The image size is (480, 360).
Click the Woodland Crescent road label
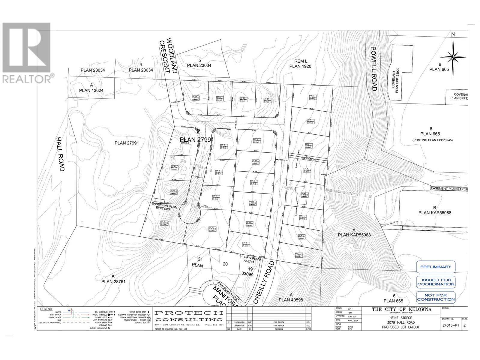[169, 55]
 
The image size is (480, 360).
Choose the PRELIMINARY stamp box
[435, 267]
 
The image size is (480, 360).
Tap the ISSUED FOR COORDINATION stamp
[435, 282]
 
